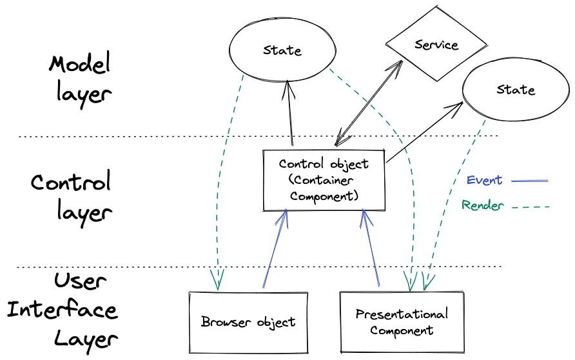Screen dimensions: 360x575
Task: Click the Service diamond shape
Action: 436,46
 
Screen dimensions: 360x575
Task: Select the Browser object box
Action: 248,321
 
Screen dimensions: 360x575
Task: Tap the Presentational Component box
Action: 401,322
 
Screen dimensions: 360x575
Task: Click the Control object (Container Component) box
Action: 324,180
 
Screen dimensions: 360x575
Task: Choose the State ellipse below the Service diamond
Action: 515,90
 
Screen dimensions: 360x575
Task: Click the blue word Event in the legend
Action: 483,180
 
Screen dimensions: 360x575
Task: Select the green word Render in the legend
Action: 482,206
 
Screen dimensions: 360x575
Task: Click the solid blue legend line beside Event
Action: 530,181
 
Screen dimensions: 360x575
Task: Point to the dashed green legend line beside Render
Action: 529,207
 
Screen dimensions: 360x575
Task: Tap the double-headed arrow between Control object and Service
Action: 369,100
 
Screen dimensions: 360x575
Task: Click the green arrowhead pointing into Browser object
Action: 217,283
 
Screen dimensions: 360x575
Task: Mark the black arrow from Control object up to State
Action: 289,116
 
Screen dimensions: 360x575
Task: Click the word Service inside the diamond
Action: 436,45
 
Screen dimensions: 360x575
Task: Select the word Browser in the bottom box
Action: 222,321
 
